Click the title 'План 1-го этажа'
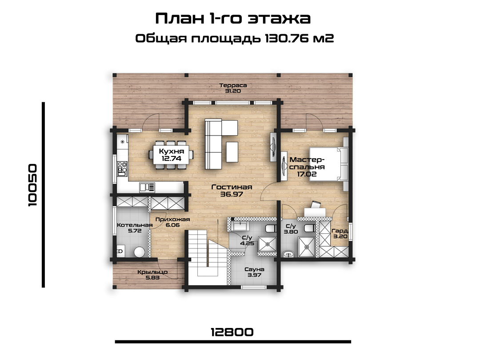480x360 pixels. (233, 18)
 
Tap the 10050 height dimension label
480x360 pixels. (32, 185)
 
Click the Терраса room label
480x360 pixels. (233, 85)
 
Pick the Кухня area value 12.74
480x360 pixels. (172, 159)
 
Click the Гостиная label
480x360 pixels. (232, 187)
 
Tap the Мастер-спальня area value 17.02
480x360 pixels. (307, 174)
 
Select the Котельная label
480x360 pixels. (135, 225)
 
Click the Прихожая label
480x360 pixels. (172, 219)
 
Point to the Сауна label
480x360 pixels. (254, 269)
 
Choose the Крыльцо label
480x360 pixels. (152, 272)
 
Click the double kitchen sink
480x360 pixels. (147, 187)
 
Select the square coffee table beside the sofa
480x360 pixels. (232, 152)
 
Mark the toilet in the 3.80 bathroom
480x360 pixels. (309, 228)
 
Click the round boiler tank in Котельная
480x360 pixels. (139, 252)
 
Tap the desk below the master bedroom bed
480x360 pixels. (315, 212)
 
